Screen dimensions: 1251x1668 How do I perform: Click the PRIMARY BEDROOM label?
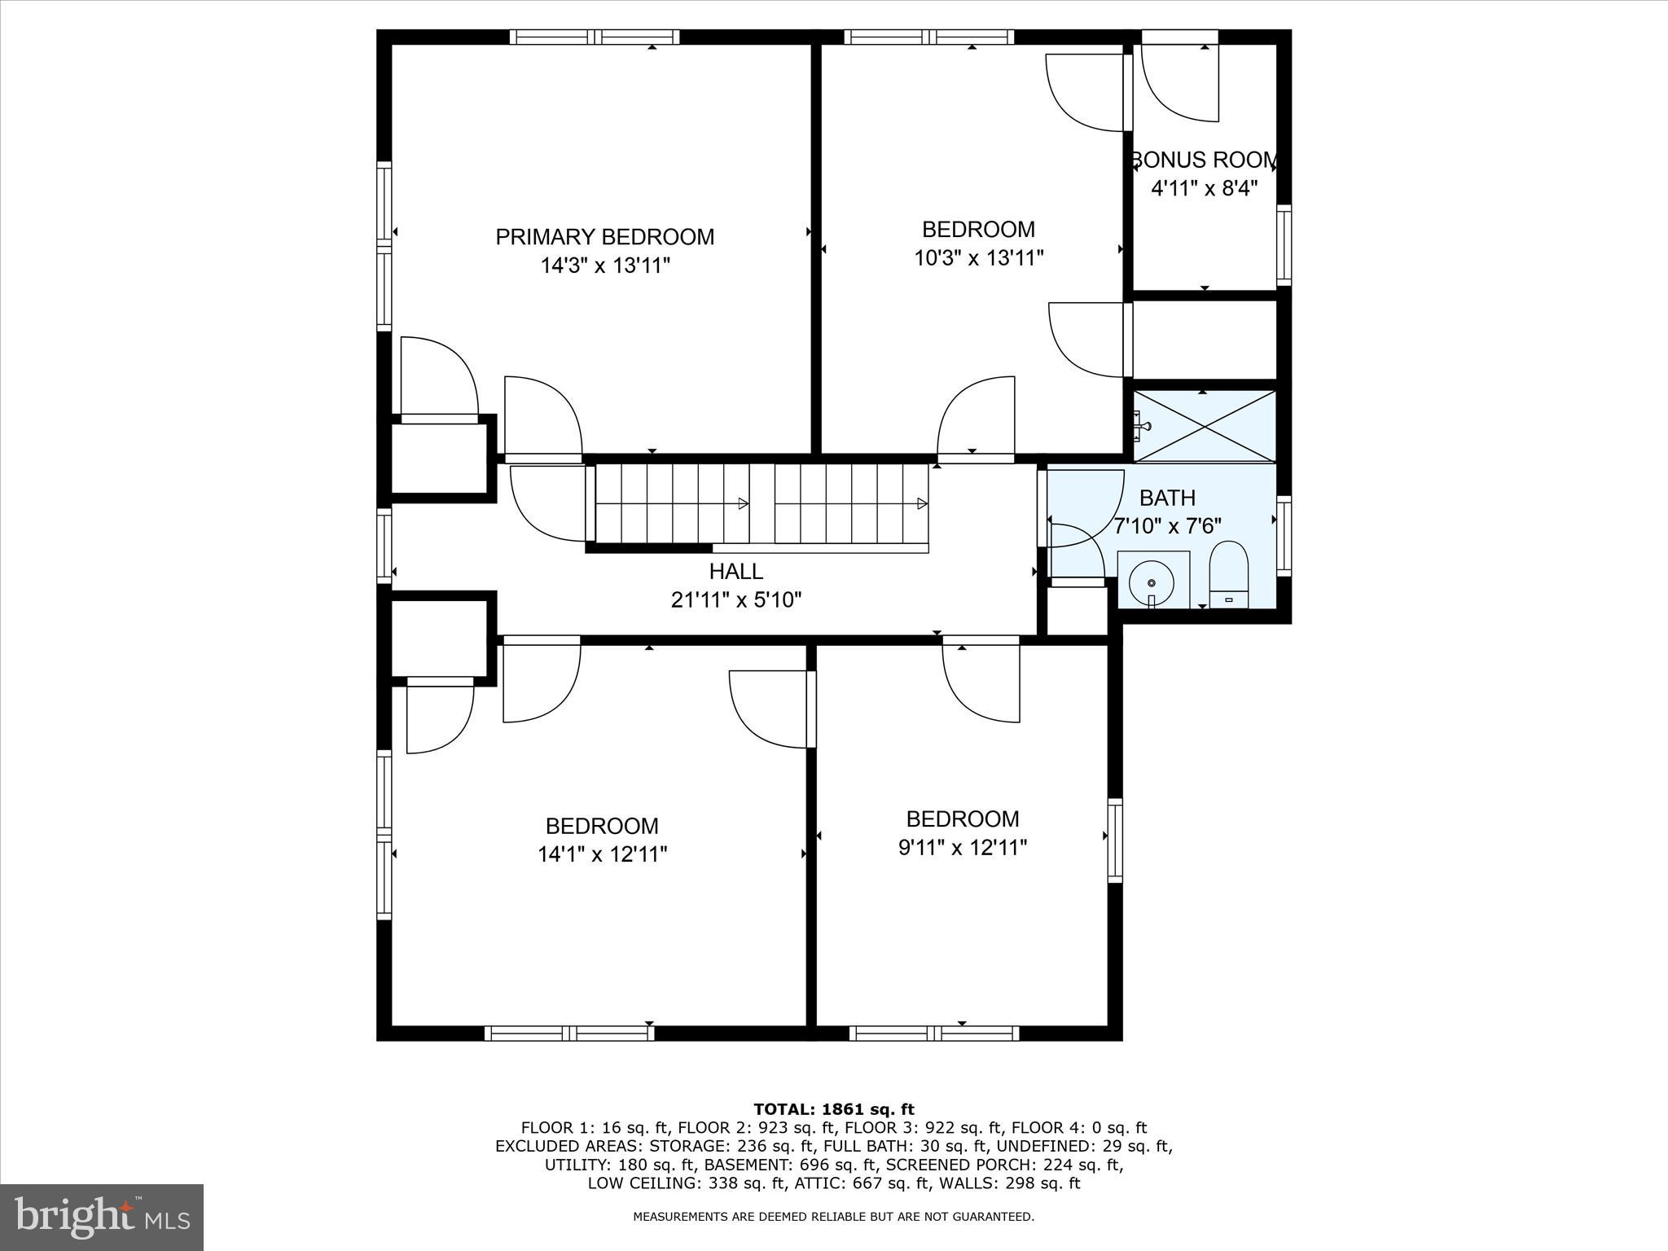pos(604,237)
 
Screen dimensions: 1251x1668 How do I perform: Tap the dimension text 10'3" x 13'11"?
pos(978,258)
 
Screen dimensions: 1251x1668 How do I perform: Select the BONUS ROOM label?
pos(1204,160)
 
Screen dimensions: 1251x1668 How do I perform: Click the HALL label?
pos(735,571)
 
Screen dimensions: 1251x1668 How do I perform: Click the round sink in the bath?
pos(1152,582)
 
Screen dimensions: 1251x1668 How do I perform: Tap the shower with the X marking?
pos(1204,427)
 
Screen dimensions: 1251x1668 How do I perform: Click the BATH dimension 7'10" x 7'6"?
pos(1167,526)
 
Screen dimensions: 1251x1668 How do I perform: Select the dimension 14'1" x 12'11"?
pos(602,854)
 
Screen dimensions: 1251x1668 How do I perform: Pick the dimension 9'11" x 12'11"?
pos(962,848)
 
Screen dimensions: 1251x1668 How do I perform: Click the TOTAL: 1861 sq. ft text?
pos(833,1108)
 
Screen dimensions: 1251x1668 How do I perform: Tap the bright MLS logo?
pos(102,1218)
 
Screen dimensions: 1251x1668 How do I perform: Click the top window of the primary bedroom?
pos(595,37)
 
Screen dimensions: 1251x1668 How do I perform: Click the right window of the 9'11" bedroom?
pos(1115,841)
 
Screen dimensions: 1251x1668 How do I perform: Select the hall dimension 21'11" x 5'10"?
pos(735,600)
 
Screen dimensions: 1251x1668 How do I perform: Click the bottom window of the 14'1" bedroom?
pos(569,1033)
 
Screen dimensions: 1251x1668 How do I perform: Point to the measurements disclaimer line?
pos(833,1217)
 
